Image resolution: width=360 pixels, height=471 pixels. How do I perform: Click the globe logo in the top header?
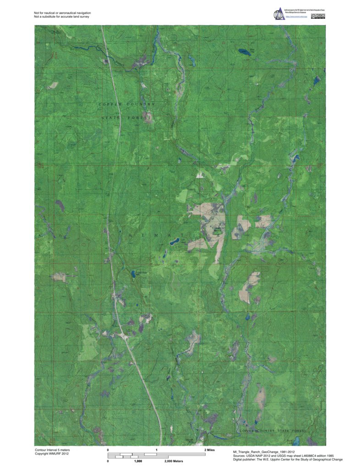(278, 14)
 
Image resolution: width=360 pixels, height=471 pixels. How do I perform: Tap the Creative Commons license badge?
(318, 16)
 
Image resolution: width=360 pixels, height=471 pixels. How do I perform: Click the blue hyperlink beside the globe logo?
(298, 16)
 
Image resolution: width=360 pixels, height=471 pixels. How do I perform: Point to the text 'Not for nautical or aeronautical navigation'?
(62, 13)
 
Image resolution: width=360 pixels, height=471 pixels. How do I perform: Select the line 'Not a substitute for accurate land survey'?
(61, 16)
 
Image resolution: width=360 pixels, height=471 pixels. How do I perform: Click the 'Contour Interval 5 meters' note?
(52, 450)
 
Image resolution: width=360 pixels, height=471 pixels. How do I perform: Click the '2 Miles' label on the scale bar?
(209, 450)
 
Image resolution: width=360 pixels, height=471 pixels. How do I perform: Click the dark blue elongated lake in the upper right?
(244, 52)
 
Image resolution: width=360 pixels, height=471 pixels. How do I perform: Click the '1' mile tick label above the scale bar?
(157, 450)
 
